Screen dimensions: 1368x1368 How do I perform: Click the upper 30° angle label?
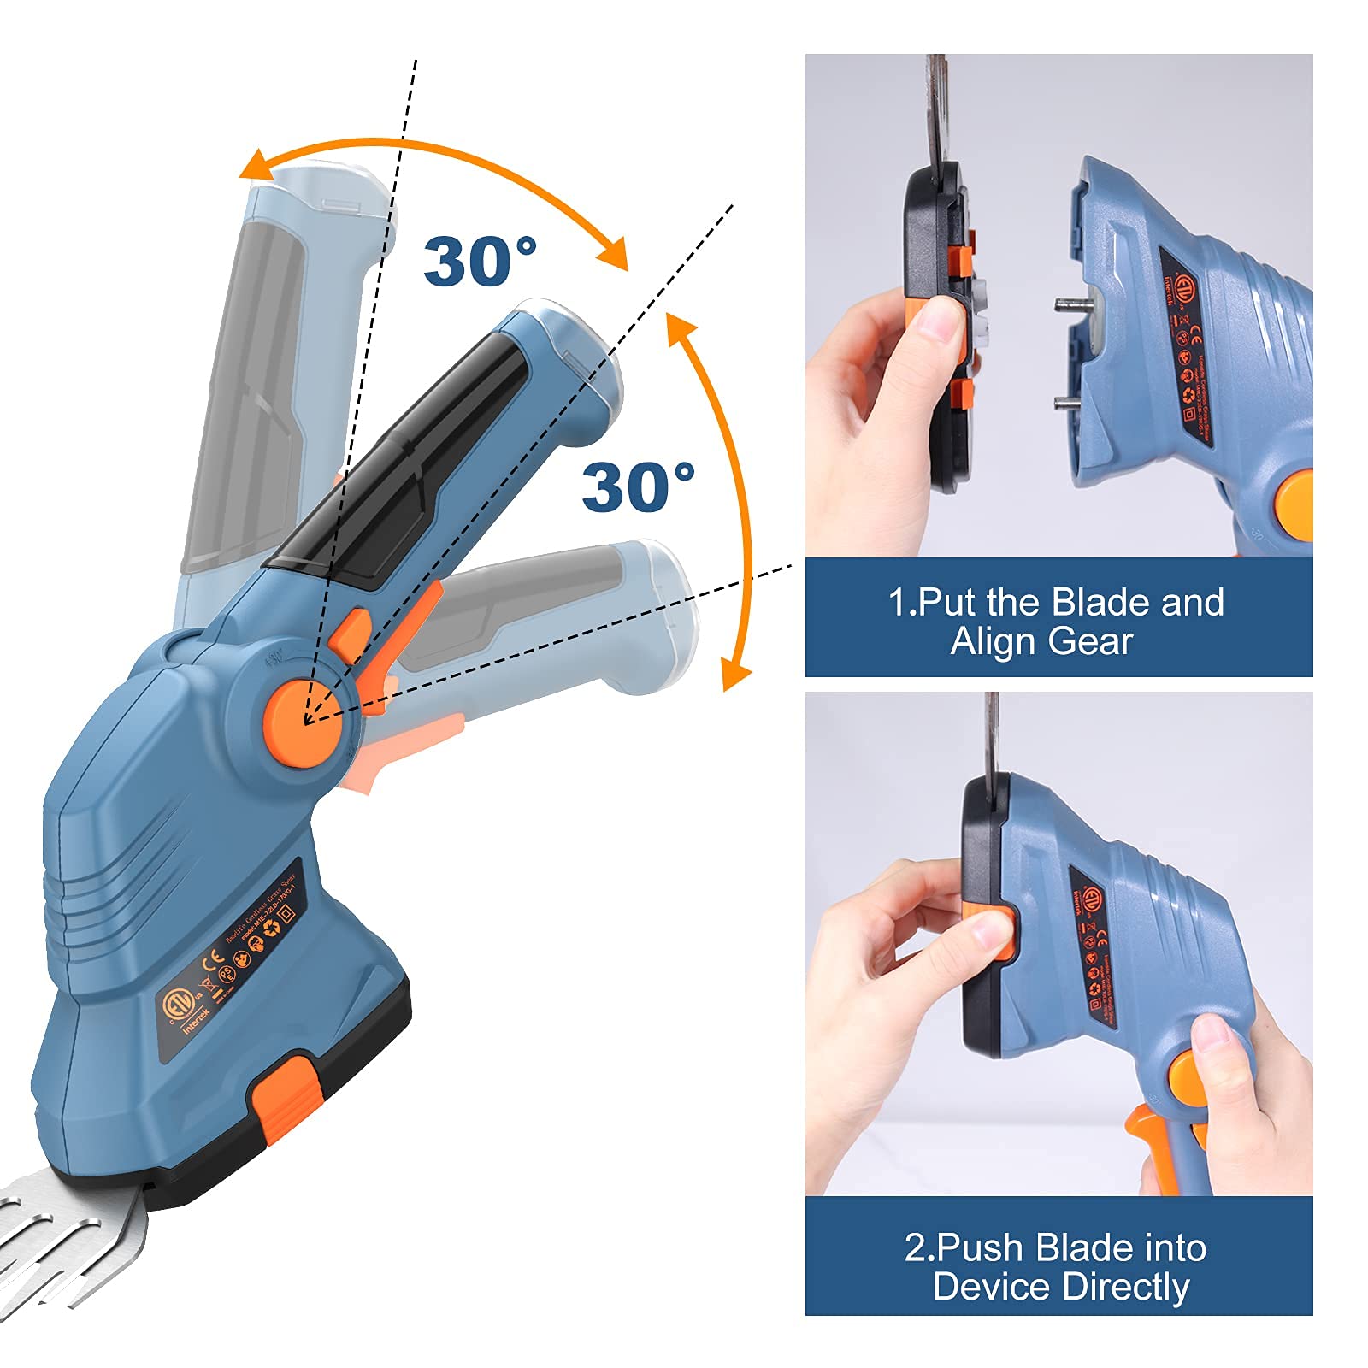point(480,262)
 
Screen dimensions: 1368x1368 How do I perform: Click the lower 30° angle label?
point(638,488)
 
